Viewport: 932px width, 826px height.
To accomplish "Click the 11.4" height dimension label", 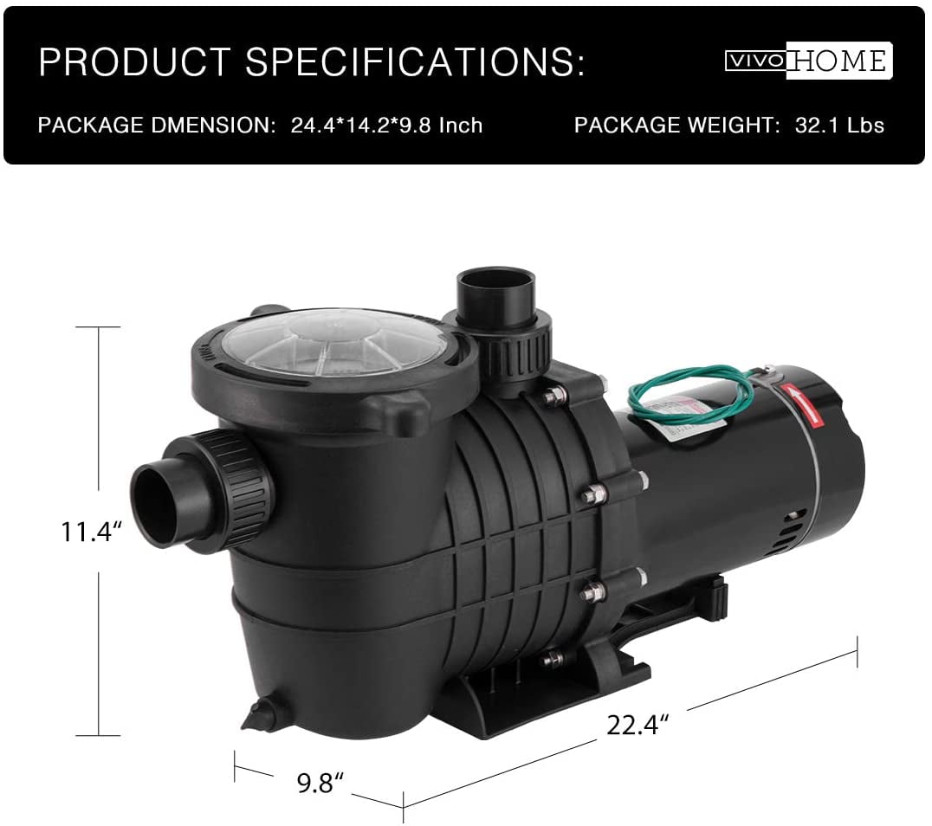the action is pyautogui.click(x=91, y=531).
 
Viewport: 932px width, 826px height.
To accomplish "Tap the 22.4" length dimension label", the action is pyautogui.click(x=638, y=725).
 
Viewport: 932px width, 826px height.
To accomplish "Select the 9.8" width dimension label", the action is pyautogui.click(x=320, y=783).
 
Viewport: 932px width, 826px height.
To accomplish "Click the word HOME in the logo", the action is pyautogui.click(x=839, y=61).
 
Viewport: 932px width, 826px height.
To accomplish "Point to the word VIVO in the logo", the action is pyautogui.click(x=755, y=61).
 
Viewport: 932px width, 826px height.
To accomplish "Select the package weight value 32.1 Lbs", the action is pyautogui.click(x=839, y=126).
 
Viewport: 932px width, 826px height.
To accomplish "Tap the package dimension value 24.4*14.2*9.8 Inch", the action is pyautogui.click(x=386, y=126).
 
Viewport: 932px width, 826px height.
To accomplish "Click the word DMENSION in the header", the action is pyautogui.click(x=213, y=126).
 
